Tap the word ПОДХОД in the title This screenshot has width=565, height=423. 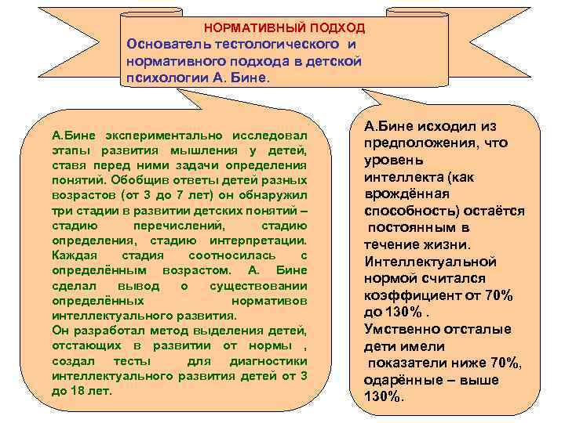coord(337,28)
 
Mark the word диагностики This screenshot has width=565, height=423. coord(267,360)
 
